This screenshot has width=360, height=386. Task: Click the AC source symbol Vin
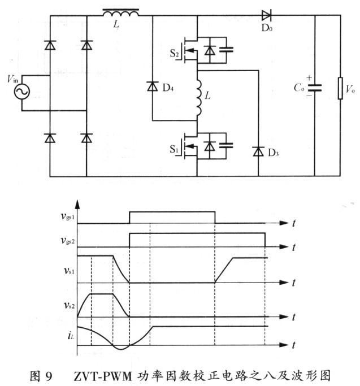click(x=21, y=92)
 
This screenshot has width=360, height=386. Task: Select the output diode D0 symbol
click(x=266, y=15)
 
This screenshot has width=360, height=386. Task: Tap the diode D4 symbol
click(x=153, y=86)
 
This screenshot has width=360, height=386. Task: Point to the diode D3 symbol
click(x=258, y=151)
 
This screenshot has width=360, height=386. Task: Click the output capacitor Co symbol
click(x=315, y=88)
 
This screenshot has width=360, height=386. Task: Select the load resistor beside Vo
click(x=340, y=88)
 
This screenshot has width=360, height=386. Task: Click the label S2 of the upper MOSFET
click(x=174, y=53)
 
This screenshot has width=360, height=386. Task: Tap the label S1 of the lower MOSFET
click(x=174, y=149)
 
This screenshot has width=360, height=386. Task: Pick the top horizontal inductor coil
click(x=120, y=13)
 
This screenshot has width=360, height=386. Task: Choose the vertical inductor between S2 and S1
click(x=199, y=98)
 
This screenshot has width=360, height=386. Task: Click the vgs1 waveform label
click(x=68, y=216)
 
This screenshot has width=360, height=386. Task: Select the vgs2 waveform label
click(x=68, y=241)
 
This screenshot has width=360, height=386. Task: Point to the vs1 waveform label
click(x=69, y=271)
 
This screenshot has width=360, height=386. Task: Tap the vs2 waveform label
click(x=69, y=306)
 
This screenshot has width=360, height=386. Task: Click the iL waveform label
click(x=71, y=336)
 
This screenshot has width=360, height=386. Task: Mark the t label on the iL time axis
click(x=293, y=345)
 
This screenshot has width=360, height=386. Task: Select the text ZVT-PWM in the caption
click(x=103, y=376)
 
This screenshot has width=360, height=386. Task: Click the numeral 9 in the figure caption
click(x=49, y=376)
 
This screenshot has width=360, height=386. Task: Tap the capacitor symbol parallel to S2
click(x=226, y=50)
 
